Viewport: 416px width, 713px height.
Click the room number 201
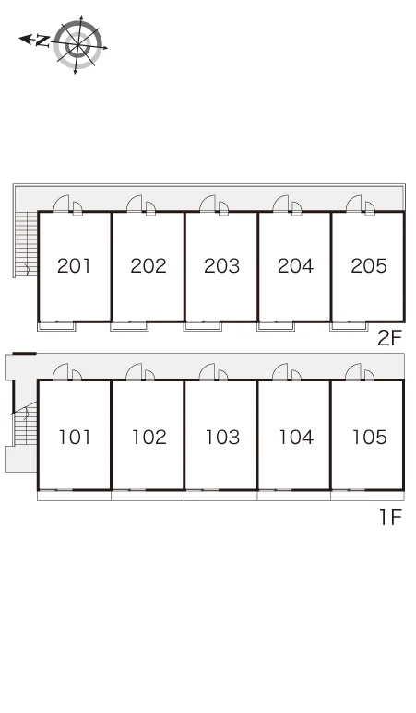(74, 265)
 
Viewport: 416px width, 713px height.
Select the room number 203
(221, 265)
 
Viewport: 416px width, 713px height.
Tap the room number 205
(369, 265)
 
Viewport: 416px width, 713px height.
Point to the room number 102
(149, 437)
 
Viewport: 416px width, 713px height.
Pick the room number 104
(296, 437)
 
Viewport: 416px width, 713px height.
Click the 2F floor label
(390, 338)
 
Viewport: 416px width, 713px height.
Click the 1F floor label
(391, 517)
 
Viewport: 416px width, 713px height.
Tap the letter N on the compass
(42, 41)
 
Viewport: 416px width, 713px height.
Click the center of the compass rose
(78, 45)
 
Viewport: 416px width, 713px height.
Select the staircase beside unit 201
(26, 244)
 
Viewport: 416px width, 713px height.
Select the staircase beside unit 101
(26, 424)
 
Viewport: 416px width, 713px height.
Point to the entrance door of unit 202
(135, 204)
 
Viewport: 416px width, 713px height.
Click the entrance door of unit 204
(280, 204)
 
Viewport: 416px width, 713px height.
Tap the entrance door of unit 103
(208, 372)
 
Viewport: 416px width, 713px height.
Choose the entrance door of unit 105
(353, 372)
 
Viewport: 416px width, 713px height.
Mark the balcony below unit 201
(56, 326)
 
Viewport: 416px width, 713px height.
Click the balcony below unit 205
(349, 326)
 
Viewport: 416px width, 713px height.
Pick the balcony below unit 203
(203, 326)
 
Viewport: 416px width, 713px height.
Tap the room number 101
(75, 437)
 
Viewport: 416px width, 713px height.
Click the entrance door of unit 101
(61, 372)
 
